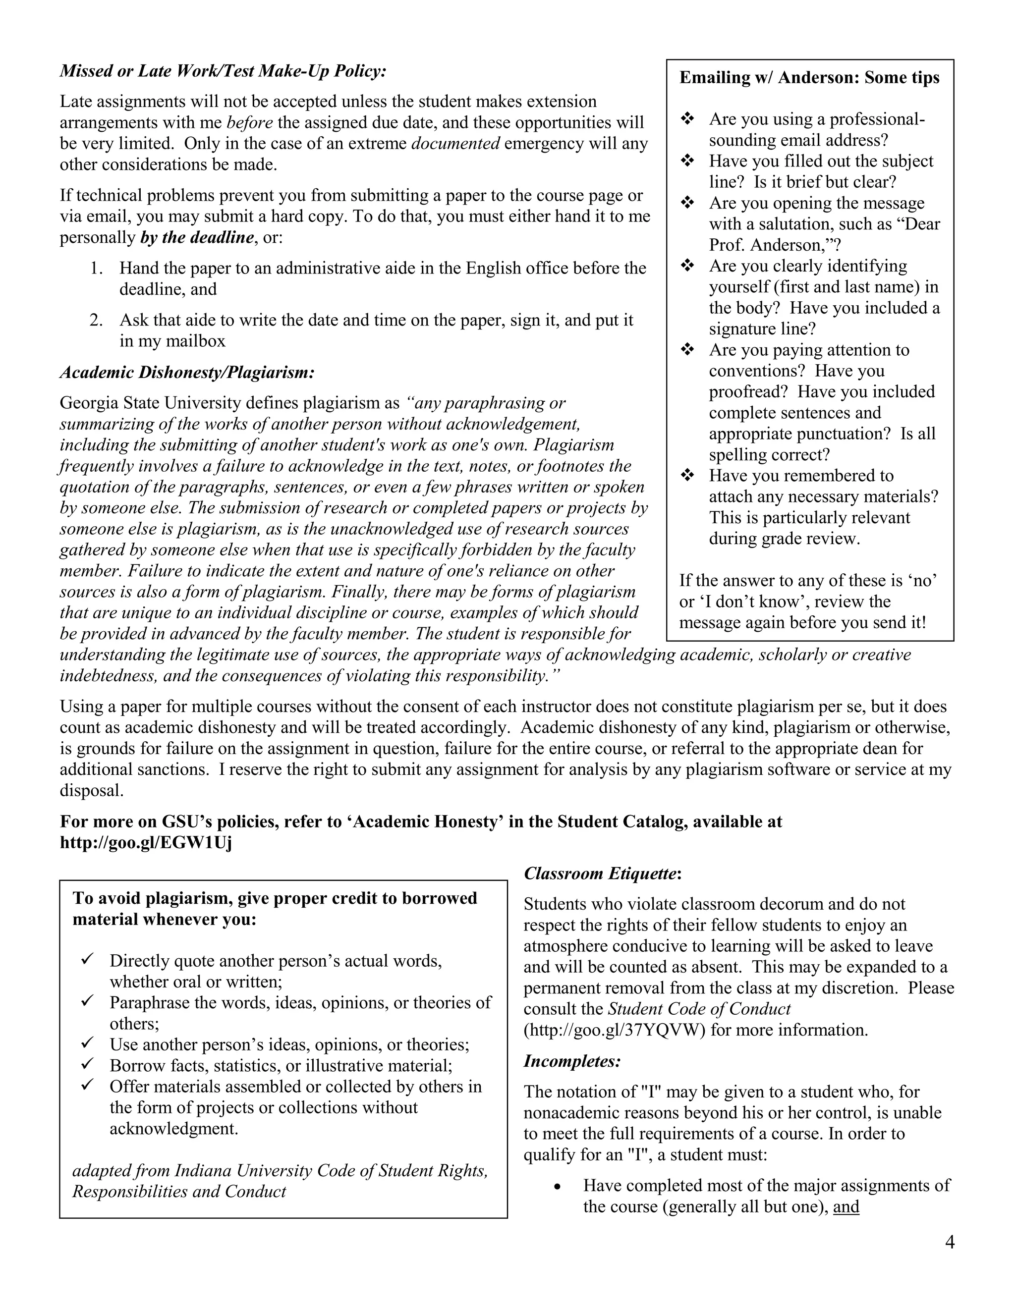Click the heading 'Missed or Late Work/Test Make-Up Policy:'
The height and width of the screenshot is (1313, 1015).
click(x=223, y=71)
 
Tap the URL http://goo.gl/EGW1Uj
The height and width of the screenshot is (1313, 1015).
click(x=146, y=842)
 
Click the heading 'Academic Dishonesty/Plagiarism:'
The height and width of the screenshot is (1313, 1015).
click(x=187, y=373)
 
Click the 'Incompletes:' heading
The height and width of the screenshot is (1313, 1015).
click(x=572, y=1061)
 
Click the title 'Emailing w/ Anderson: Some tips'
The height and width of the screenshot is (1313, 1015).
click(x=809, y=78)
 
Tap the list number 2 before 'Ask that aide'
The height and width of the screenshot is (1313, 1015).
click(x=96, y=320)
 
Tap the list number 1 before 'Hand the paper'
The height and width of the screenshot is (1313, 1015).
click(x=96, y=268)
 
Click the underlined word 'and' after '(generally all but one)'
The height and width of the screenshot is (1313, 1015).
click(x=846, y=1206)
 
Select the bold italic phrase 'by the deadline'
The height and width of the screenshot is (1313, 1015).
click(x=197, y=237)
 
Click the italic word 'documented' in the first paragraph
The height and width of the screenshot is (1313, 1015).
click(x=455, y=144)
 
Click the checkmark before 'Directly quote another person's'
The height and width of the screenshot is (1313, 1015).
click(x=88, y=960)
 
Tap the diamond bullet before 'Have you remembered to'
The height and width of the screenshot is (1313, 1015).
click(x=687, y=476)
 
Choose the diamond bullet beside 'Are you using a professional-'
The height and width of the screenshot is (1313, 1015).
click(x=687, y=119)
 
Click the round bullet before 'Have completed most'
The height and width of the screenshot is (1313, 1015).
click(x=558, y=1187)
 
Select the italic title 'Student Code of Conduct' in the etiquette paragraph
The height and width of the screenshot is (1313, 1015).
click(x=699, y=1009)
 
